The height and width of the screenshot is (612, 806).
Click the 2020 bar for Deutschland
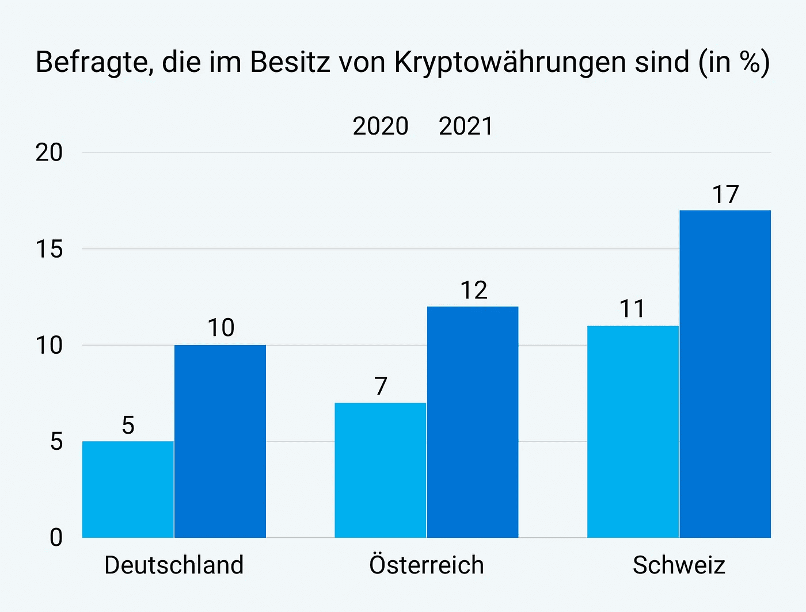coord(128,489)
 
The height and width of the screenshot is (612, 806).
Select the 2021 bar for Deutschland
coord(220,441)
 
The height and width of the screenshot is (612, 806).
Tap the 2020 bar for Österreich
coord(380,470)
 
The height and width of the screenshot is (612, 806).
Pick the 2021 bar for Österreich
coord(473,422)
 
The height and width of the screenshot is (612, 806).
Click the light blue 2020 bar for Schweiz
coord(633,431)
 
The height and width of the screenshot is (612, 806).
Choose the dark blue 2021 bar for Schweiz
coord(725,374)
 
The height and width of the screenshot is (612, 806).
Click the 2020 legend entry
coord(381,127)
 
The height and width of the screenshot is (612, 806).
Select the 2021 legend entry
coord(466,127)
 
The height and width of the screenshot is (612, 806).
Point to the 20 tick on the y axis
coord(49,153)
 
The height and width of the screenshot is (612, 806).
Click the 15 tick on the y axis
coord(49,249)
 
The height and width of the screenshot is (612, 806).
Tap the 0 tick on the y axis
coord(56,538)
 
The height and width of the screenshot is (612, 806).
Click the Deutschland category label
coord(174,565)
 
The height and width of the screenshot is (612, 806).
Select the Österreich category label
coord(427,565)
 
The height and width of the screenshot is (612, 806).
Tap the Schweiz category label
coord(679,565)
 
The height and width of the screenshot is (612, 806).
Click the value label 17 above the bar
coord(725,195)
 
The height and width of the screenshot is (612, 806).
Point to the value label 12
coord(473,290)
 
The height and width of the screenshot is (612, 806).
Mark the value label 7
coord(381,387)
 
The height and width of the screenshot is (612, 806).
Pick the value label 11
coord(632,309)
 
